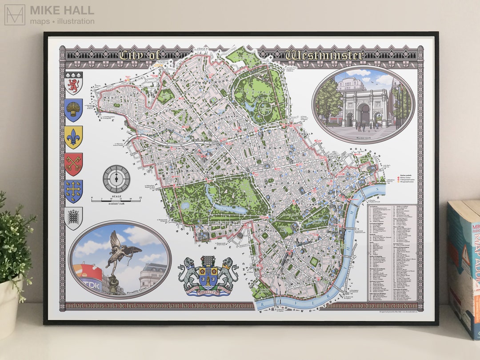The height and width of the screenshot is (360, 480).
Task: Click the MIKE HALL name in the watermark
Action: click(x=62, y=10)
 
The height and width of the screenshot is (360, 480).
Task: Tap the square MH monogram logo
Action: click(x=15, y=15)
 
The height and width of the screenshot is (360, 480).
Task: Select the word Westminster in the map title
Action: click(x=324, y=56)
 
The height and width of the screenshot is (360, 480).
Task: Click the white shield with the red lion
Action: click(x=73, y=83)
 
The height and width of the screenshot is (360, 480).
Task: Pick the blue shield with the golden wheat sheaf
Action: click(x=73, y=110)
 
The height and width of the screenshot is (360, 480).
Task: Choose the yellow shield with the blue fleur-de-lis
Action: click(x=73, y=137)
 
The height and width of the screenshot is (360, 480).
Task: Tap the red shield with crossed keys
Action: click(x=73, y=164)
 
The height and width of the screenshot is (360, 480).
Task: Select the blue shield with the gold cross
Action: click(x=73, y=191)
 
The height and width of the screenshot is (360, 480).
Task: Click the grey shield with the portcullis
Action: click(x=73, y=218)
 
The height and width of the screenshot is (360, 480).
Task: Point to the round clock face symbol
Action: click(x=116, y=179)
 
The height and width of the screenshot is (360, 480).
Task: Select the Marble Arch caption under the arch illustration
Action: click(x=364, y=137)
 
